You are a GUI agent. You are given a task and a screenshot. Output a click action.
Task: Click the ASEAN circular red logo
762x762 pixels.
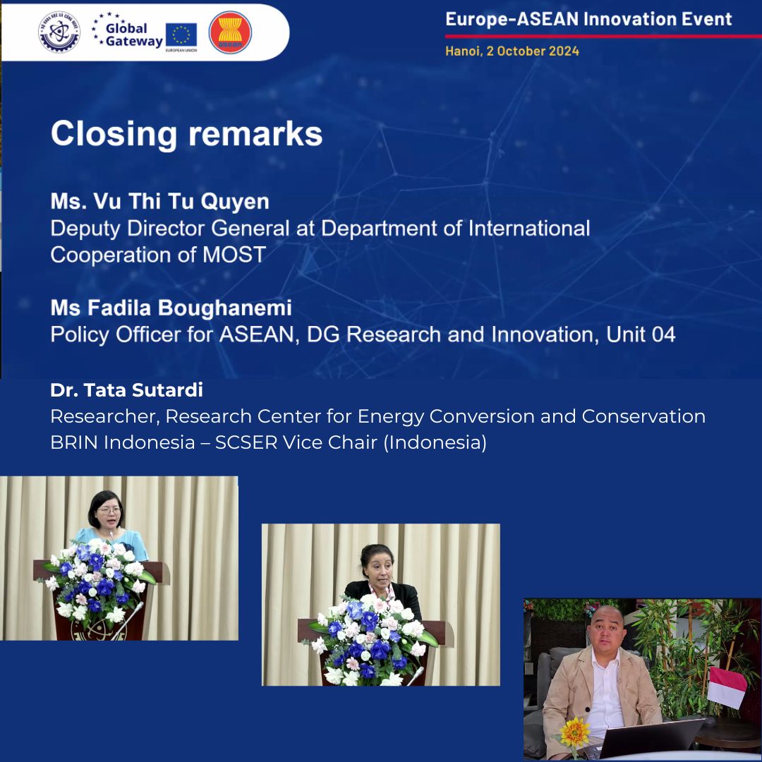pyautogui.click(x=230, y=32)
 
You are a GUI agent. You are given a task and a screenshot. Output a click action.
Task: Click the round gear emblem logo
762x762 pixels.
pyautogui.click(x=59, y=32)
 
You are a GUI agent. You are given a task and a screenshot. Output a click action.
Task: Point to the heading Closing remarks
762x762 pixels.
pyautogui.click(x=186, y=133)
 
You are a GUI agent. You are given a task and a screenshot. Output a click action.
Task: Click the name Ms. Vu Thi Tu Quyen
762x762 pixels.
pyautogui.click(x=159, y=202)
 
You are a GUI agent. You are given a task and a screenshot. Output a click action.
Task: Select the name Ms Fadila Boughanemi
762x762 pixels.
pyautogui.click(x=171, y=308)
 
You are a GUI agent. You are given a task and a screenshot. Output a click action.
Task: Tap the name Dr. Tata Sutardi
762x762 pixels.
pyautogui.click(x=126, y=389)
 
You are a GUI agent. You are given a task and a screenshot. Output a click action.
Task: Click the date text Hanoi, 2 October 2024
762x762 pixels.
pyautogui.click(x=512, y=52)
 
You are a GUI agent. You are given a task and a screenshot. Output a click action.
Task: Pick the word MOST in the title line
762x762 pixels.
pyautogui.click(x=234, y=255)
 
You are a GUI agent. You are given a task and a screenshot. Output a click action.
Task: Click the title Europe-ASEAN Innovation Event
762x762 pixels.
pyautogui.click(x=588, y=19)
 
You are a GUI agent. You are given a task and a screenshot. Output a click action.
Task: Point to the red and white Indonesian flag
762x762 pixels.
pyautogui.click(x=727, y=686)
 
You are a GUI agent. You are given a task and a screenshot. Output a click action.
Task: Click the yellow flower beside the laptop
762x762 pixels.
pyautogui.click(x=574, y=732)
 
